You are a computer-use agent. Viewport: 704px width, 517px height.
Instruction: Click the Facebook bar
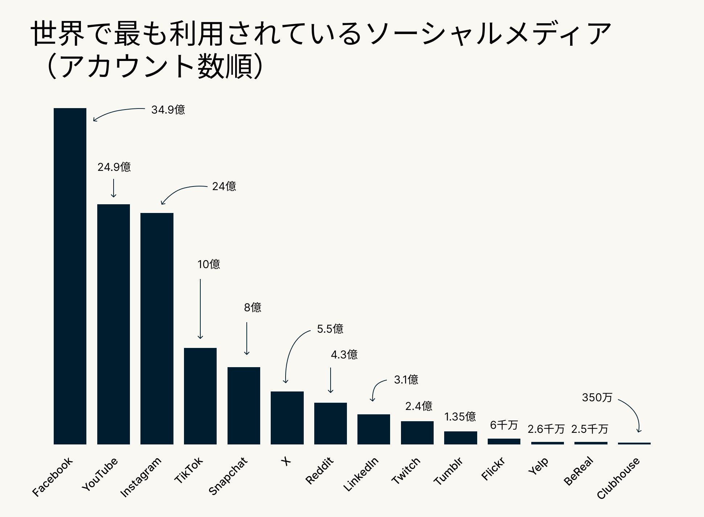70,276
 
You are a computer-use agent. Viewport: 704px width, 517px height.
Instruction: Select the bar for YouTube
113,324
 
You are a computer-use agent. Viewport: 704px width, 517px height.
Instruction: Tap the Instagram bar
157,328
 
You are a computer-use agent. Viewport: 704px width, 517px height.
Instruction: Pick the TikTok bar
200,396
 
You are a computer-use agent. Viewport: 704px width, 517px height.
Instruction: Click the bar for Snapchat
243,406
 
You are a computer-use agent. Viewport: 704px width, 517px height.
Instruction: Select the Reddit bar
330,423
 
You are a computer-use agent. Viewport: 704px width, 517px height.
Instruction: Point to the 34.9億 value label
168,110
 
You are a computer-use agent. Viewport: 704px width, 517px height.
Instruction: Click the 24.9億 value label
114,167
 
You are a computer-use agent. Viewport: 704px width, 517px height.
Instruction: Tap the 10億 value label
209,264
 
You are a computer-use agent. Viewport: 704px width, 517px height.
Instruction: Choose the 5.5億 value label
330,329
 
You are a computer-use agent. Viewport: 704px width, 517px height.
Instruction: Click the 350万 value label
597,397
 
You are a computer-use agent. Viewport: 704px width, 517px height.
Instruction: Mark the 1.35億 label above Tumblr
460,417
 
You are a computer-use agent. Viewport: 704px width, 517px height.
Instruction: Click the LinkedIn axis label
361,474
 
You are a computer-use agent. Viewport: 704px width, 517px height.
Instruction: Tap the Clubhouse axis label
618,478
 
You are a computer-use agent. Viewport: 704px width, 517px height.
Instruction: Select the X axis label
286,461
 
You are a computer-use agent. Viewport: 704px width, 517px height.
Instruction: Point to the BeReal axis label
578,471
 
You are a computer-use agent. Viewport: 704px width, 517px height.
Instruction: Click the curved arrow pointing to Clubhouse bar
633,412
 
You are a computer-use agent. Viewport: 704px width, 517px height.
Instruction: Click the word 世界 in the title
58,34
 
